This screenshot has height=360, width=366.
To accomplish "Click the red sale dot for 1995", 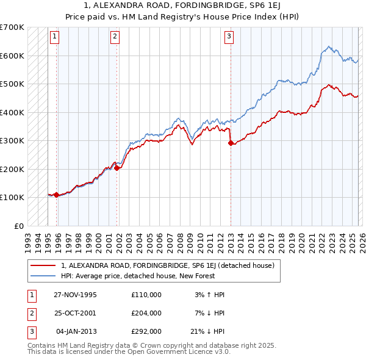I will click(x=56, y=195).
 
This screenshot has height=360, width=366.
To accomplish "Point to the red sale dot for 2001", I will click(x=117, y=168).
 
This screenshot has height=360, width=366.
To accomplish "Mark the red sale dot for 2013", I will click(x=231, y=143).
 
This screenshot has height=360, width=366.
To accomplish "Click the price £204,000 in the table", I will click(x=146, y=313).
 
